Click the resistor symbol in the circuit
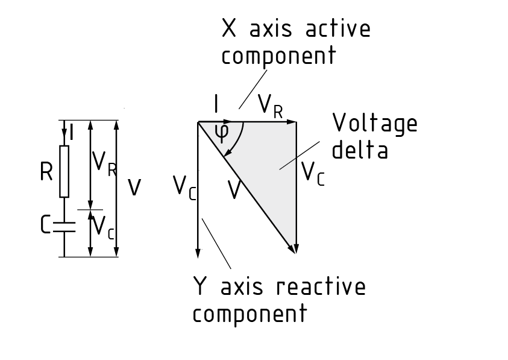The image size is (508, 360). (64, 171)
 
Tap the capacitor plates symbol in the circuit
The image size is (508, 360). (64, 227)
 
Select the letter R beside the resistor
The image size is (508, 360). (47, 172)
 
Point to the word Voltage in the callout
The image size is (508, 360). (375, 124)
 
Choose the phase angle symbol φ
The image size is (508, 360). (222, 134)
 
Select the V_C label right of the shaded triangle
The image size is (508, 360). (313, 173)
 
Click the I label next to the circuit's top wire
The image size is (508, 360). (72, 132)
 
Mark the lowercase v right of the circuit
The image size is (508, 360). (135, 188)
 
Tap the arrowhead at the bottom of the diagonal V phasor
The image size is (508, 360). (294, 248)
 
